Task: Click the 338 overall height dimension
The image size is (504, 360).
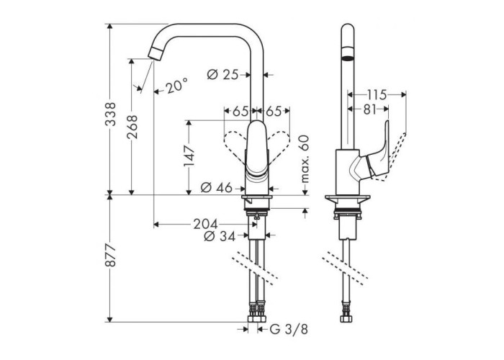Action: (111, 114)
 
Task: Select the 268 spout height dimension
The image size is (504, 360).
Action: (132, 127)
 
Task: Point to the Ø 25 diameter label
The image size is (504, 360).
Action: (222, 75)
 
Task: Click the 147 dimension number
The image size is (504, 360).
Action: (189, 156)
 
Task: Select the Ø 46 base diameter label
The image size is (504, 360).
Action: (216, 188)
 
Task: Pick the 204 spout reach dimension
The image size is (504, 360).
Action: (205, 224)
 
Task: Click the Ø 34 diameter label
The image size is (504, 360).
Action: (220, 237)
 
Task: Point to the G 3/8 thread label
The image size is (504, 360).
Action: (289, 330)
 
